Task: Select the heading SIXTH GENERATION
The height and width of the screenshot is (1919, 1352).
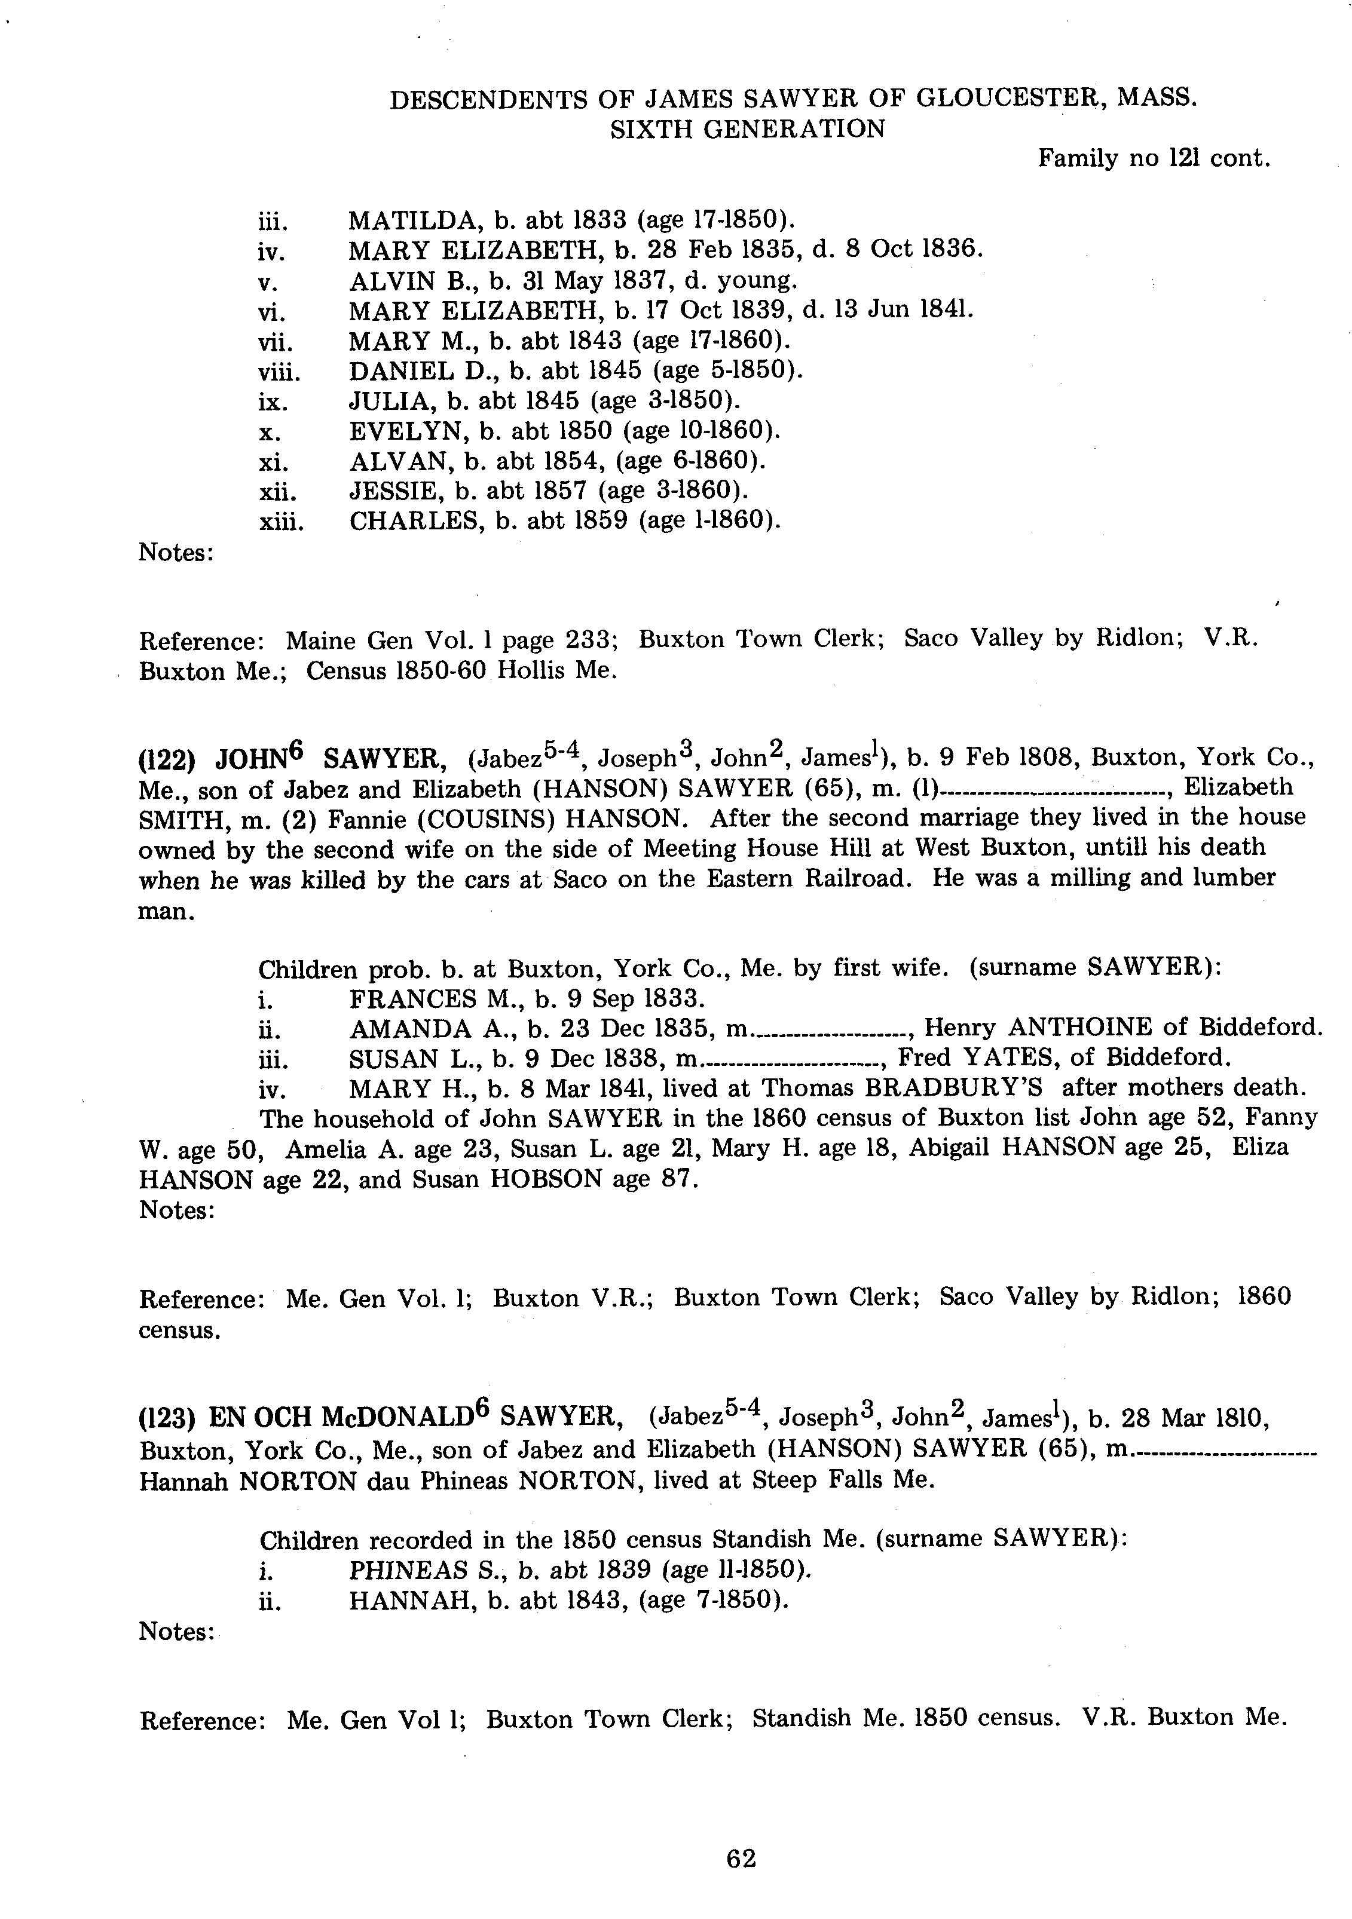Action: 748,130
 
